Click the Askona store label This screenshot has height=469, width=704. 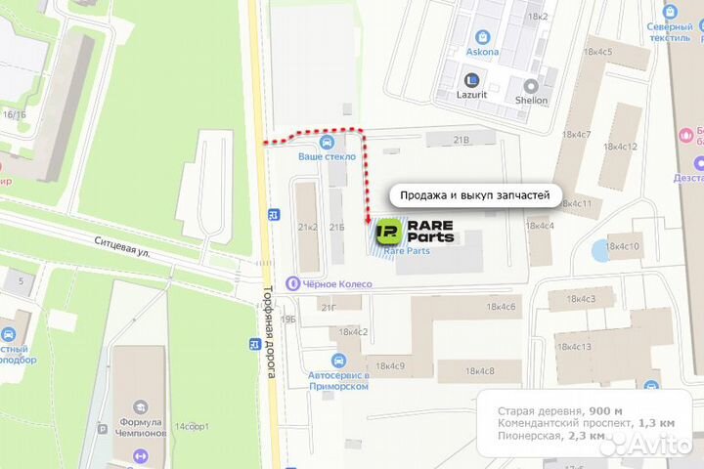pyautogui.click(x=482, y=52)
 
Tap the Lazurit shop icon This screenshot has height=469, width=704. pyautogui.click(x=473, y=81)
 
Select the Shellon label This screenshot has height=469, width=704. pyautogui.click(x=532, y=100)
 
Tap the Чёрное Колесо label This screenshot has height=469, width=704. pyautogui.click(x=334, y=283)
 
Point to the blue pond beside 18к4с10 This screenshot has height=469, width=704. pyautogui.click(x=598, y=250)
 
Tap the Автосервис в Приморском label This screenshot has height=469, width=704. pyautogui.click(x=338, y=380)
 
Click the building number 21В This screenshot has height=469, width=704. pyautogui.click(x=462, y=141)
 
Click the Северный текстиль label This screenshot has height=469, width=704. pyautogui.click(x=670, y=32)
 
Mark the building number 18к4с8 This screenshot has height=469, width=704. pyautogui.click(x=479, y=370)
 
